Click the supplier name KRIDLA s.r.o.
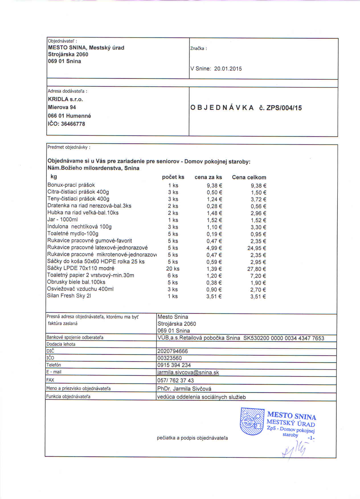[66, 99]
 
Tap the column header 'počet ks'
[173, 177]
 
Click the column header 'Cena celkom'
[249, 177]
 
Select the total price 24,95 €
[257, 248]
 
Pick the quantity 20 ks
[173, 269]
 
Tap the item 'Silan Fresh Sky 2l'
[69, 296]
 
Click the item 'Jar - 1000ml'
[62, 220]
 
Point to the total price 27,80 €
[257, 269]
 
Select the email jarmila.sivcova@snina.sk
[188, 373]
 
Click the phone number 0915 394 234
[174, 365]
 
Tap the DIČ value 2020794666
[173, 351]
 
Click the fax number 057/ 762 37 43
[175, 381]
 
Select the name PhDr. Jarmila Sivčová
[184, 389]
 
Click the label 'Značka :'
[198, 48]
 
